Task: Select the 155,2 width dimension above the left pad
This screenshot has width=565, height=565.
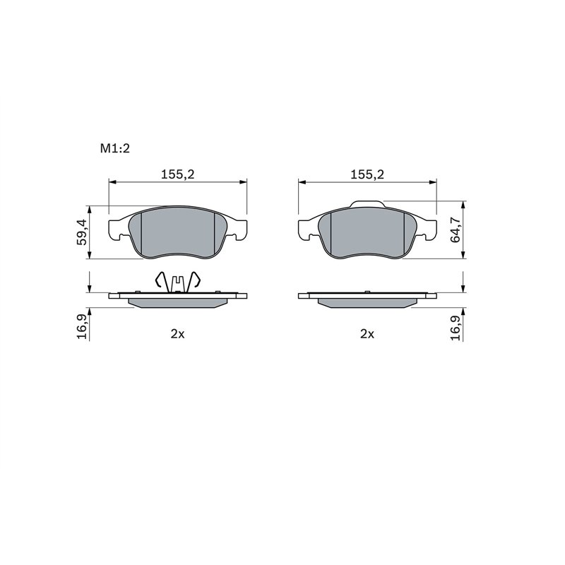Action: [x=178, y=174]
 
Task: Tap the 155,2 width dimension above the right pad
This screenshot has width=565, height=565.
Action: [x=367, y=174]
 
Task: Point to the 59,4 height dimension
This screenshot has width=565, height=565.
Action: [x=82, y=232]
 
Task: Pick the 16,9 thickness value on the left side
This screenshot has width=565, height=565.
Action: [x=82, y=326]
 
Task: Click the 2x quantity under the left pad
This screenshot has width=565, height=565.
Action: [x=177, y=334]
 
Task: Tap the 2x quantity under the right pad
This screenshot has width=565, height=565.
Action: [x=367, y=334]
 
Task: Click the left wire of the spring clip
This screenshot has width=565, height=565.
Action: [x=160, y=281]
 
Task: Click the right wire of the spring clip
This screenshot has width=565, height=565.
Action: [x=196, y=281]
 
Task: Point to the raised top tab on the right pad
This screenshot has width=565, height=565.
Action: [x=367, y=205]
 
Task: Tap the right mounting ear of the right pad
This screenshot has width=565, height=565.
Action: [x=429, y=228]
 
